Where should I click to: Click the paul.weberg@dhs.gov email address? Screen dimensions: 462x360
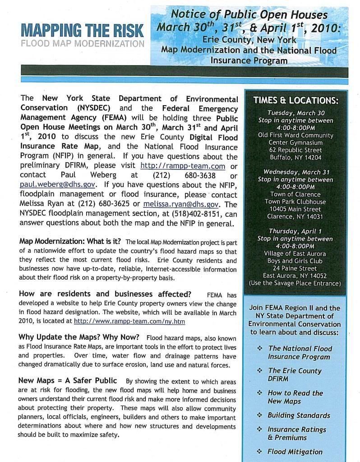tap(57, 185)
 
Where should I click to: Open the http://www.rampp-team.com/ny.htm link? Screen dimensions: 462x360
tap(129, 321)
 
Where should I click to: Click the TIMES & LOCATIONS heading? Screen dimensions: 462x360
tap(295, 101)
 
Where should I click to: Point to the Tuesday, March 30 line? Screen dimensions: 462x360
tap(295, 113)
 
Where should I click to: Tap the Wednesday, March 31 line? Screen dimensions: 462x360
tap(295, 172)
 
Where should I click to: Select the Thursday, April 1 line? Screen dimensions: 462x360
tap(295, 231)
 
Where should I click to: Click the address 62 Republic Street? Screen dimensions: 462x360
tap(295, 150)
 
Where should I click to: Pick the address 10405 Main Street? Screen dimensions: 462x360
tap(295, 209)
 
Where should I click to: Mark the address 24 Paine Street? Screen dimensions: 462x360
tap(295, 268)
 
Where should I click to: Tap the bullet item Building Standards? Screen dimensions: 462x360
tap(299, 415)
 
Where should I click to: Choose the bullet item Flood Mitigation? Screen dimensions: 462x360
tap(295, 452)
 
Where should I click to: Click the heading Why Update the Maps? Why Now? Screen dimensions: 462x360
tap(79, 337)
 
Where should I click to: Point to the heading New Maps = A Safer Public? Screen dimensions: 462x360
tap(68, 381)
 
